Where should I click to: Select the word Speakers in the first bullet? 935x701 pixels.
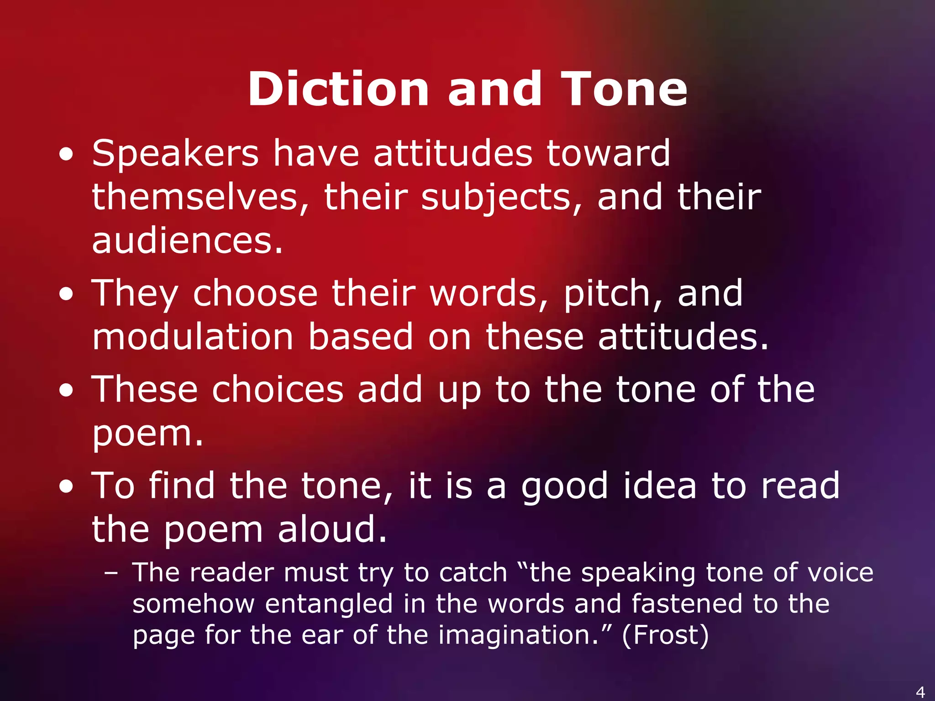click(175, 153)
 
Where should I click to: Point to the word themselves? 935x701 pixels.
click(195, 197)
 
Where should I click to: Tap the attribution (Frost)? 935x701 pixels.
click(665, 635)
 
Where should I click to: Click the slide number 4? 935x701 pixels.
click(920, 692)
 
